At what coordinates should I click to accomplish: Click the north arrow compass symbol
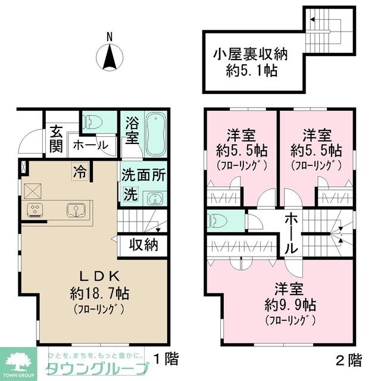point(110,57)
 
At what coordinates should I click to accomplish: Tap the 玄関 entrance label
point(56,139)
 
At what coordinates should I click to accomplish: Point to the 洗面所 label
point(143,176)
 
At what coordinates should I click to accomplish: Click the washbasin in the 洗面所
point(154,196)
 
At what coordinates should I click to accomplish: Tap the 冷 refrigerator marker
point(78,172)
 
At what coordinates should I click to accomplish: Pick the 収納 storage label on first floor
point(143,245)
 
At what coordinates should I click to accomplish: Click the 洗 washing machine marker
point(129,194)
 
